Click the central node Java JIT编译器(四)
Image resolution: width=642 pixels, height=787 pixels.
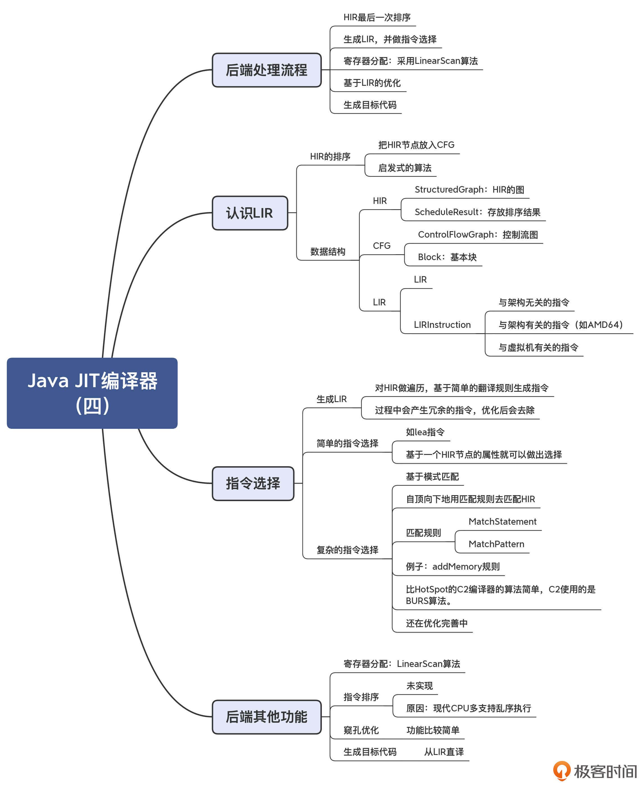pyautogui.click(x=92, y=393)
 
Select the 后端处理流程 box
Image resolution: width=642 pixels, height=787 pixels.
pyautogui.click(x=267, y=70)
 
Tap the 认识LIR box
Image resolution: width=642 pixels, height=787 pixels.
pyautogui.click(x=250, y=213)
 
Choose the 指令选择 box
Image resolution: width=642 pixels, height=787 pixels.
pyautogui.click(x=253, y=483)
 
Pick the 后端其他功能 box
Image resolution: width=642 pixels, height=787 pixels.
pyautogui.click(x=267, y=717)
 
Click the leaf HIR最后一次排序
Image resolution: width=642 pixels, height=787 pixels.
pyautogui.click(x=377, y=17)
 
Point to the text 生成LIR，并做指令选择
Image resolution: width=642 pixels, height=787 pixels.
pyautogui.click(x=390, y=39)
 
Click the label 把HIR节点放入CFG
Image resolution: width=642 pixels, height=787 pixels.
pyautogui.click(x=416, y=145)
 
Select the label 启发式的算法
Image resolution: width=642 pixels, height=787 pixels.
pyautogui.click(x=404, y=168)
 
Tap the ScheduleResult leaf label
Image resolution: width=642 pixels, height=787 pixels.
pyautogui.click(x=477, y=212)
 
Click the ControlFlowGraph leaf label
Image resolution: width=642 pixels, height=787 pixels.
pyautogui.click(x=478, y=234)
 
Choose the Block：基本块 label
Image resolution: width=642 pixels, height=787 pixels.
pyautogui.click(x=447, y=257)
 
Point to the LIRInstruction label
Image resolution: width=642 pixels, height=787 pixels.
pyautogui.click(x=442, y=325)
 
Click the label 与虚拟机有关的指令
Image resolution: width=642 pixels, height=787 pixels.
pyautogui.click(x=538, y=347)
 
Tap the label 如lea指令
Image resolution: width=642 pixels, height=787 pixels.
pyautogui.click(x=425, y=432)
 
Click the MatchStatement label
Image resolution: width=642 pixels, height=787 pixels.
pyautogui.click(x=502, y=522)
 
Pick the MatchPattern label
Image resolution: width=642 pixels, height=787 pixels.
pyautogui.click(x=496, y=544)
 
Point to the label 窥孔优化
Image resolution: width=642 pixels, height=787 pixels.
pyautogui.click(x=361, y=730)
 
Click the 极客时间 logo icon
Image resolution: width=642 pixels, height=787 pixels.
pyautogui.click(x=562, y=770)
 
